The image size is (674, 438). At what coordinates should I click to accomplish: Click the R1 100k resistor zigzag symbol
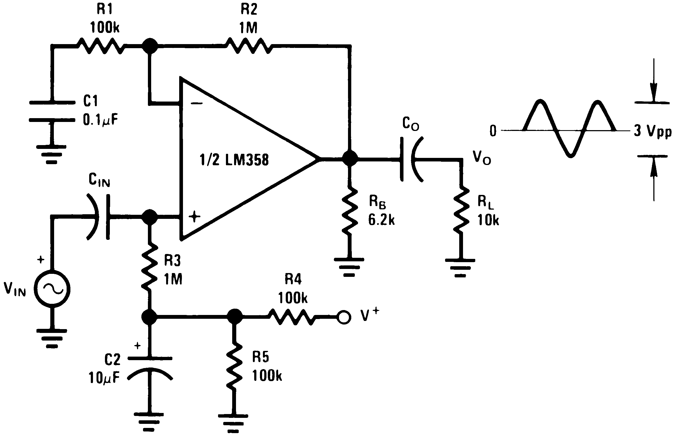[101, 46]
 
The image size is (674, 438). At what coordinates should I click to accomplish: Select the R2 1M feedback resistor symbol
[249, 46]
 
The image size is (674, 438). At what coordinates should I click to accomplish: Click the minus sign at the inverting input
[197, 103]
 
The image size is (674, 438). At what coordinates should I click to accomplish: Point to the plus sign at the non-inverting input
[195, 217]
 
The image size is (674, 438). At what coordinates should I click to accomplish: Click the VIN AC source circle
[52, 289]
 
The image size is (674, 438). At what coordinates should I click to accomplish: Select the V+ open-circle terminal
[344, 317]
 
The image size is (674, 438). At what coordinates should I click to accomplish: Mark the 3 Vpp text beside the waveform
[652, 131]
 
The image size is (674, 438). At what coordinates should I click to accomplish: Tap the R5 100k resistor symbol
[234, 367]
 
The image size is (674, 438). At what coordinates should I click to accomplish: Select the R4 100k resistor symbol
[291, 317]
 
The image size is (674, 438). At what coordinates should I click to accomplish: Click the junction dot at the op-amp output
[350, 158]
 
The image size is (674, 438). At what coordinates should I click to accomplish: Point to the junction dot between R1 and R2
[150, 46]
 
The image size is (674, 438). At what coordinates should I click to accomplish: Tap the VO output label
[482, 157]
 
